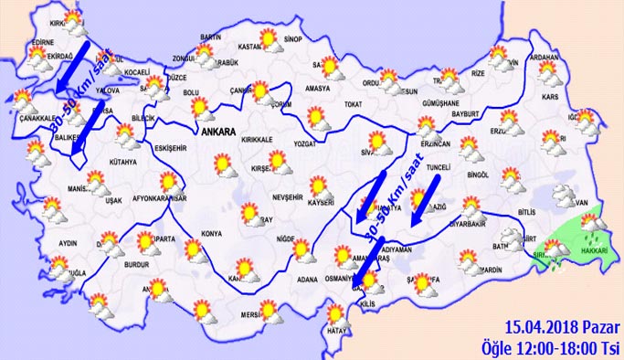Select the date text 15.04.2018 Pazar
tap(560, 326)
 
